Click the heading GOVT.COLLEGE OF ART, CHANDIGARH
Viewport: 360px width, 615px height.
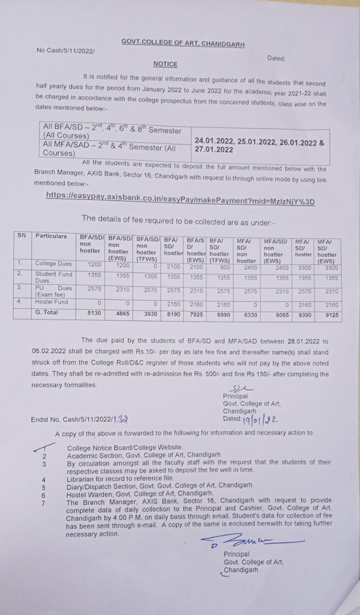tap(183, 44)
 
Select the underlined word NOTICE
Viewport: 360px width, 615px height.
tap(165, 64)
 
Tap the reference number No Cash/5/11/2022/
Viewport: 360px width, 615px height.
tap(66, 50)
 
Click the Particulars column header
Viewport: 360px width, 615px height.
tap(51, 236)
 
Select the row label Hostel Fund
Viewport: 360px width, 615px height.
tap(51, 302)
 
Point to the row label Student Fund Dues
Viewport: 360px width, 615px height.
tap(53, 277)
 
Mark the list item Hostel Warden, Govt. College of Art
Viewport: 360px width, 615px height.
tap(140, 493)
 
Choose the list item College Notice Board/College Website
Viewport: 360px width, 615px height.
tap(125, 447)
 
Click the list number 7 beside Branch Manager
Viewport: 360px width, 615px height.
tap(44, 503)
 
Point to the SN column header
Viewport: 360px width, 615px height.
tap(22, 235)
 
